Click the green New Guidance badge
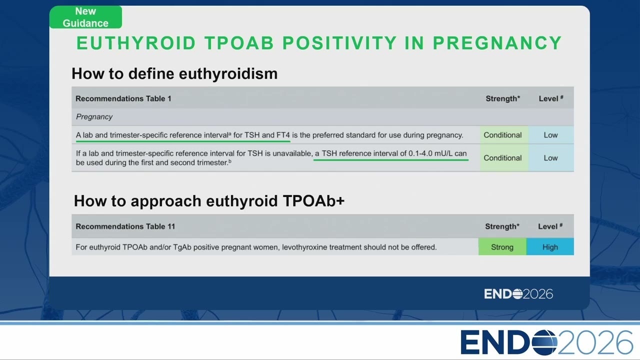point(85,17)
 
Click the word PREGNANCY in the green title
point(497,43)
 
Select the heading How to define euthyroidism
point(174,73)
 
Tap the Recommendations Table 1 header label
point(123,98)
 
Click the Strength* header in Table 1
point(503,98)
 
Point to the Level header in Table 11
point(550,226)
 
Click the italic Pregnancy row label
point(94,117)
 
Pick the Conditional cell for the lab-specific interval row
point(502,135)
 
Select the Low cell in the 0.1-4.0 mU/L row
point(550,158)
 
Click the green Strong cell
point(502,247)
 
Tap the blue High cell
point(550,247)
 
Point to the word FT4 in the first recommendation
point(283,135)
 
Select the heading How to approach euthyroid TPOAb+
point(209,201)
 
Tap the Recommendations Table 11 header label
point(125,226)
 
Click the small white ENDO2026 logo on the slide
point(518,294)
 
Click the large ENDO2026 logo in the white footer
point(547,342)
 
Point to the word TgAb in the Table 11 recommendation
point(182,247)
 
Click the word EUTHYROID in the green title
point(136,43)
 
